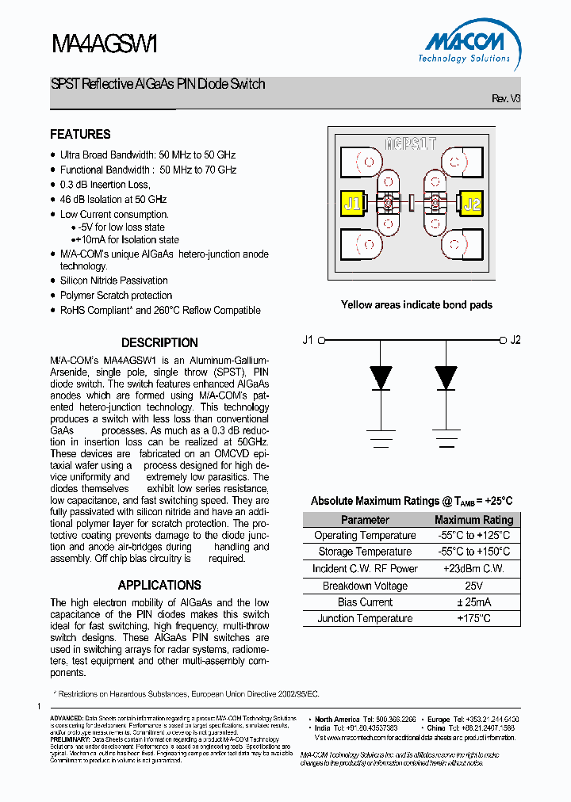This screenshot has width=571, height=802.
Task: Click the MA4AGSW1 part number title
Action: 105,44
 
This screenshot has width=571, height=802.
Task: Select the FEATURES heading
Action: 80,135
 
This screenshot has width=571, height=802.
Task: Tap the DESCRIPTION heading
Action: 159,343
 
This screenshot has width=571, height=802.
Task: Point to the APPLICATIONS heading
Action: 159,585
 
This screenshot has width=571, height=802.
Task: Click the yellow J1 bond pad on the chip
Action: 351,204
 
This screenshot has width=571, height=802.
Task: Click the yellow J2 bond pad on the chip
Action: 471,204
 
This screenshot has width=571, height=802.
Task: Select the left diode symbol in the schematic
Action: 381,377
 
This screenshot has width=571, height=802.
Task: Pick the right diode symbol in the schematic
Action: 446,377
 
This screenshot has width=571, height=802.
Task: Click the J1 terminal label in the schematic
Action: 308,340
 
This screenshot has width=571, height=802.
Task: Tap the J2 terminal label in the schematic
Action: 515,340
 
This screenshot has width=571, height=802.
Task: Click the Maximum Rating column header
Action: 473,520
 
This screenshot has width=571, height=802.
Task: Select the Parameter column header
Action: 365,520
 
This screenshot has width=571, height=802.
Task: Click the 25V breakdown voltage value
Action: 473,586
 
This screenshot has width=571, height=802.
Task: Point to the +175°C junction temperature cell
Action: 473,618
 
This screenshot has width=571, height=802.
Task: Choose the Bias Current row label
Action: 365,602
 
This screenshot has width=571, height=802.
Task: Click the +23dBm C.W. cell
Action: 473,569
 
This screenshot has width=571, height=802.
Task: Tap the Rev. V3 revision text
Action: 506,99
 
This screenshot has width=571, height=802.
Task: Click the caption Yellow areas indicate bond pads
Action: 416,305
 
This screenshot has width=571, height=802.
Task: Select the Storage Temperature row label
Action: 365,552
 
